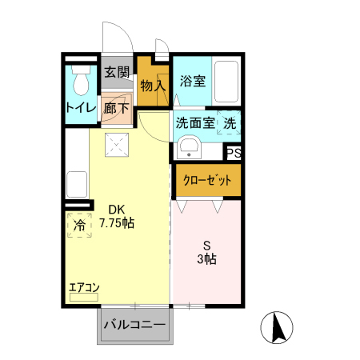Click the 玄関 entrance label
tap(118, 71)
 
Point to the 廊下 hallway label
tap(118, 107)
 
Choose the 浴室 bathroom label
tap(192, 81)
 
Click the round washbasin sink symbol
tap(190, 148)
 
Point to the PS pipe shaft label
tap(234, 154)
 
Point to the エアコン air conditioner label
tap(84, 287)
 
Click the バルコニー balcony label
tap(134, 326)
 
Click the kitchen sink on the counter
tap(78, 184)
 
